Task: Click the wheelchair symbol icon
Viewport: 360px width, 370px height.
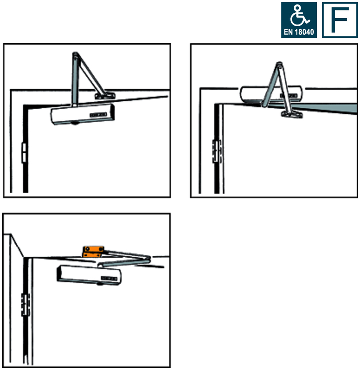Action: (299, 16)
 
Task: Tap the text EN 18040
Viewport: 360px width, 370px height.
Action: (299, 32)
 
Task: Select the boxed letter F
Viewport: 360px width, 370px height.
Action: (340, 20)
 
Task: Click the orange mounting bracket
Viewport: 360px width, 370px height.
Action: (93, 251)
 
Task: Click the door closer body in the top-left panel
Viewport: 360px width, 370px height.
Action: (83, 114)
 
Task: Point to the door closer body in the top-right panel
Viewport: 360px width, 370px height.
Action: (271, 94)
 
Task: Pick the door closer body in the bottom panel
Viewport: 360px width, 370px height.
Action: (89, 275)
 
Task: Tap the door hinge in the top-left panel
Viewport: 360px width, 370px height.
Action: (24, 153)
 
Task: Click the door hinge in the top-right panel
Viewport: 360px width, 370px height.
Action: (217, 151)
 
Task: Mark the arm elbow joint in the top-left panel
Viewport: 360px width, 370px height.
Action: (75, 55)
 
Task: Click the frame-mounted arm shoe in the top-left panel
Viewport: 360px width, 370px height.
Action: (105, 95)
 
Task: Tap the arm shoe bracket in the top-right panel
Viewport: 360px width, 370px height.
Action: (292, 115)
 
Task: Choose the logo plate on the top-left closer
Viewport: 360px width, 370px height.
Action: (98, 115)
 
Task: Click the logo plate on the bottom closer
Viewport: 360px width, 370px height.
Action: (109, 278)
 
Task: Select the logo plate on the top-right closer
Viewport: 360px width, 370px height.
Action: (288, 95)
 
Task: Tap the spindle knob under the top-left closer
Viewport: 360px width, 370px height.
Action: (75, 123)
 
